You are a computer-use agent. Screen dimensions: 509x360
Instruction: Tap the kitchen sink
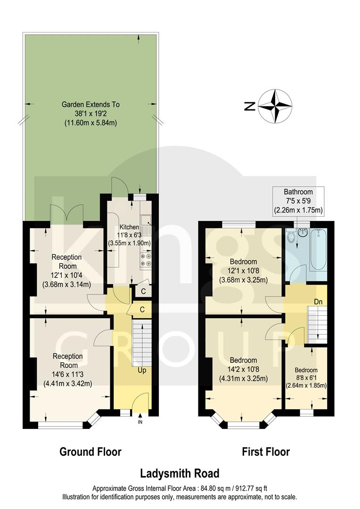(147, 219)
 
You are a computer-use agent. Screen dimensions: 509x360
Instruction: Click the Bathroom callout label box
(298, 201)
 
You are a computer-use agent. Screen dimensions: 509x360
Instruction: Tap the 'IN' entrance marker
(140, 422)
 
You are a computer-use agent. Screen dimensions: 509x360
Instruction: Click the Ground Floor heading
(90, 452)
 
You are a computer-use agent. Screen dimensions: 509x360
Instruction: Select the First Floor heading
(266, 452)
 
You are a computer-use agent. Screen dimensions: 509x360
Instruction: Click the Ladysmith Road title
(180, 473)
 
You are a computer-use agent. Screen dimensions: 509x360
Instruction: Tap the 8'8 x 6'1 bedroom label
(306, 378)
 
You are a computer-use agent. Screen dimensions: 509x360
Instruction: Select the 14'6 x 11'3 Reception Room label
(67, 369)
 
